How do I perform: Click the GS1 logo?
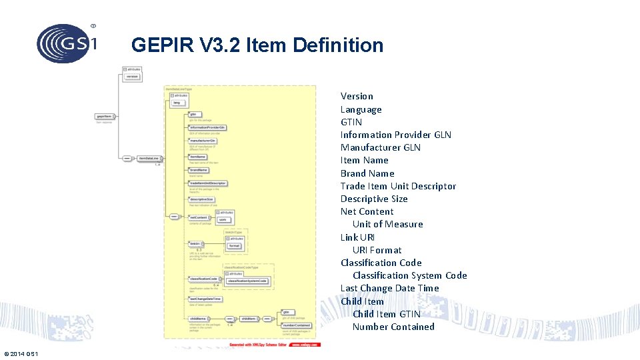point(66,43)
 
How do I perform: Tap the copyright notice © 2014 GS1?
point(21,353)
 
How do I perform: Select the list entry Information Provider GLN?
point(395,135)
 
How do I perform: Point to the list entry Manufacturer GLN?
point(380,147)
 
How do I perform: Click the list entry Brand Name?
point(367,173)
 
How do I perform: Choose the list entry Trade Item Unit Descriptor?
point(398,186)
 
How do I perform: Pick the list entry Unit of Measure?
point(387,224)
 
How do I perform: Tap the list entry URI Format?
point(377,250)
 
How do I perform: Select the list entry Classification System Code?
point(409,275)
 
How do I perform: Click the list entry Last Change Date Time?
point(389,288)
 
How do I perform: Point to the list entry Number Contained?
point(393,327)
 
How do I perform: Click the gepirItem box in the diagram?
point(103,116)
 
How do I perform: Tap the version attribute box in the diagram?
point(132,77)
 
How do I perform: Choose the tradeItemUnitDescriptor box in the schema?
point(208,183)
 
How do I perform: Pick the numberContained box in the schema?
point(296,325)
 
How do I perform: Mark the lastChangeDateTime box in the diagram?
point(205,299)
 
